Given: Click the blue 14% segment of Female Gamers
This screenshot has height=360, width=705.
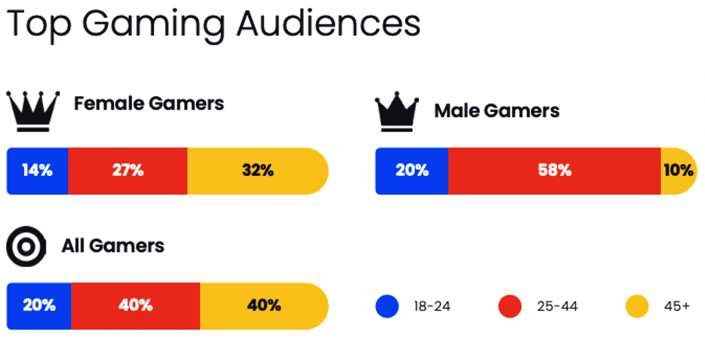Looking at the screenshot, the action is (x=37, y=171).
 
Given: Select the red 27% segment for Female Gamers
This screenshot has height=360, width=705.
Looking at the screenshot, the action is (x=128, y=171).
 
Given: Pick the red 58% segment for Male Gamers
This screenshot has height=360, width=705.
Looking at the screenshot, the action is (x=554, y=171).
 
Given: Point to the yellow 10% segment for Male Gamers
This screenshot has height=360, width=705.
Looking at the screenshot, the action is (x=679, y=171).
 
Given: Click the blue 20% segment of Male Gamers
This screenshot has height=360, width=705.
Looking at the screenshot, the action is (x=411, y=171).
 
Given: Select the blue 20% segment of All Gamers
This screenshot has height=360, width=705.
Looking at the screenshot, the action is (x=39, y=306).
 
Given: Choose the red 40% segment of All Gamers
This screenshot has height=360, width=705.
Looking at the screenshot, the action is (x=135, y=306).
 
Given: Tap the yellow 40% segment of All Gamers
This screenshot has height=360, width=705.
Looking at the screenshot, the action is (x=264, y=306).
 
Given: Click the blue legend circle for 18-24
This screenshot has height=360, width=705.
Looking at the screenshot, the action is (x=387, y=306).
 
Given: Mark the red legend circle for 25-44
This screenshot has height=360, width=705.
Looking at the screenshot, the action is (x=510, y=306).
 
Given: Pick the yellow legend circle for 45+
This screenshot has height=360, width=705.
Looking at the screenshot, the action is (x=637, y=306).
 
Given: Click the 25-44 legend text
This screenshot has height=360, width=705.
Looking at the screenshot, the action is (x=557, y=306).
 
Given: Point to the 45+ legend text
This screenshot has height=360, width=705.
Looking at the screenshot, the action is (x=677, y=306).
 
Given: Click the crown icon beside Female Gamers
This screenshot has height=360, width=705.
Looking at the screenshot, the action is (x=33, y=111).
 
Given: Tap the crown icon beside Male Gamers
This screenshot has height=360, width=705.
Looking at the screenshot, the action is (x=397, y=111).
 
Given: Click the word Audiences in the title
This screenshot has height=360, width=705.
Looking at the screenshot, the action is (x=329, y=23).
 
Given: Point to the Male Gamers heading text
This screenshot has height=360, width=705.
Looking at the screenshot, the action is (x=497, y=111).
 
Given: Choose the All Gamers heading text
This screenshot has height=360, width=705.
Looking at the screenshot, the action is (x=113, y=246).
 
